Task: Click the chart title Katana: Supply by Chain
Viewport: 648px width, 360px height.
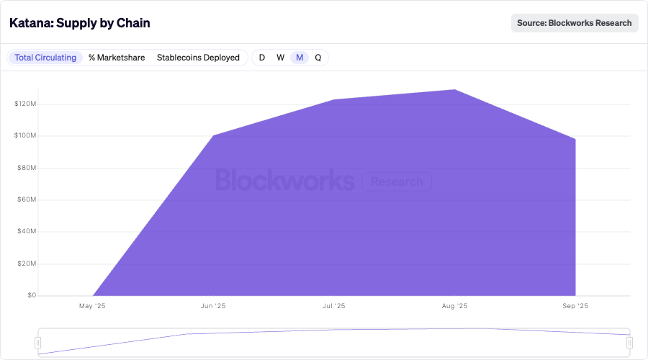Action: click(x=79, y=23)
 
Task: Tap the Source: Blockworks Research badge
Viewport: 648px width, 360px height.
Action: click(x=575, y=23)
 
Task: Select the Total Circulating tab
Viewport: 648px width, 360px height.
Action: click(x=45, y=58)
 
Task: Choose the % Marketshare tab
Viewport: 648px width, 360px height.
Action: click(x=117, y=58)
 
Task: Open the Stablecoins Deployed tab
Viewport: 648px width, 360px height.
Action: click(x=198, y=58)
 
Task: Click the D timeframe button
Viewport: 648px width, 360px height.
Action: click(x=262, y=58)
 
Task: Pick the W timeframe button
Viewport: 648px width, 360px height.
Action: click(x=281, y=58)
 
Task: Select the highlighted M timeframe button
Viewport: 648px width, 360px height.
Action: click(x=300, y=58)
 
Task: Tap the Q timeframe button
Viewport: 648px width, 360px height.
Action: click(x=318, y=58)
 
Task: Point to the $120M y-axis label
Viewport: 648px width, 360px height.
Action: click(x=24, y=104)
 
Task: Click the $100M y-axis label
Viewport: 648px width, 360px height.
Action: click(x=24, y=136)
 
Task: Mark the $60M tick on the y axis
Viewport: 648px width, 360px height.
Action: click(x=26, y=199)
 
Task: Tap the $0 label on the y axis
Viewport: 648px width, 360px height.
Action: click(x=31, y=295)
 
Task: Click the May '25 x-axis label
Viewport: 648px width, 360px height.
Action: click(x=92, y=306)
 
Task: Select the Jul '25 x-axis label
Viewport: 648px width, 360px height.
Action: click(x=333, y=306)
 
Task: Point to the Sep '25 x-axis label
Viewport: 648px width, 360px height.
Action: click(x=575, y=306)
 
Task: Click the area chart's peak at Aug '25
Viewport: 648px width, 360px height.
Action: click(x=454, y=90)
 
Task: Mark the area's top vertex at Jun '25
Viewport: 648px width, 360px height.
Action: click(x=213, y=135)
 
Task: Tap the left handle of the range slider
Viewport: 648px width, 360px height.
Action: click(x=38, y=343)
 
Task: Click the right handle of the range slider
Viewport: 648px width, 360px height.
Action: click(x=629, y=343)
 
